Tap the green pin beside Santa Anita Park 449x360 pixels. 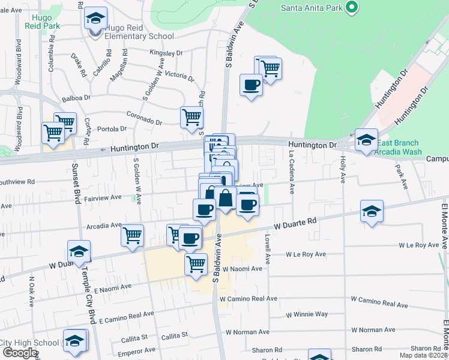[352, 8]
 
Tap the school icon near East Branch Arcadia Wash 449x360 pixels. [366, 140]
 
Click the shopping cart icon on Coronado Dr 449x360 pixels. [192, 117]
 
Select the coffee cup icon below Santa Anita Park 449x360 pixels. [251, 84]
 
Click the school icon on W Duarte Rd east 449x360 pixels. [372, 212]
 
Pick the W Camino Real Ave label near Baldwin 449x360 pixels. [248, 298]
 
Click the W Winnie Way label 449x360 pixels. [307, 314]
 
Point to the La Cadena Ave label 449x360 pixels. [291, 172]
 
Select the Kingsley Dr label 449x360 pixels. [166, 53]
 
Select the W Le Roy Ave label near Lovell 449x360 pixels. [306, 254]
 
